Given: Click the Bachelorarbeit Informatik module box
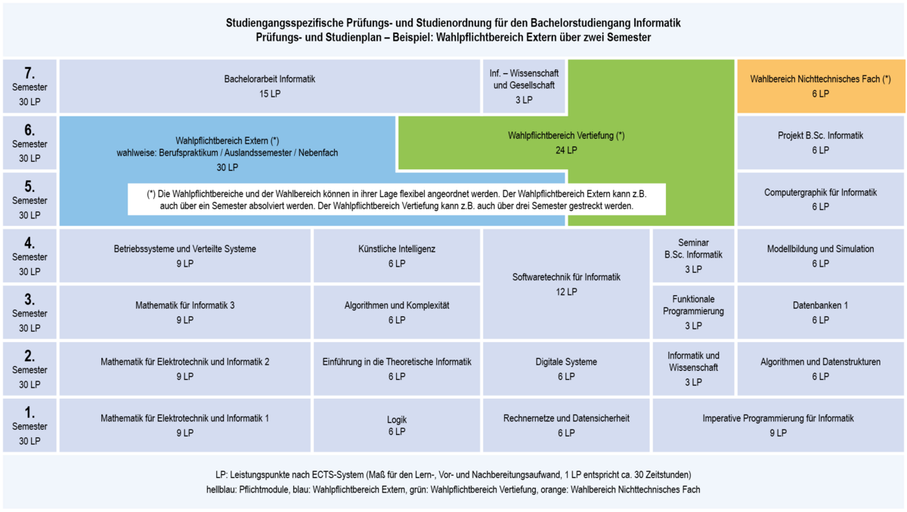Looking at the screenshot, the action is tap(270, 86).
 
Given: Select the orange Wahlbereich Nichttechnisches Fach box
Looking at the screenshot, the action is tap(821, 86).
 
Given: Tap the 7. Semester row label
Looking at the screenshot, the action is tap(29, 86).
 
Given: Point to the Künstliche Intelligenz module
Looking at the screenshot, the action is tap(397, 255).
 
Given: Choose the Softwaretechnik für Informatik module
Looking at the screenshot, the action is tap(566, 284).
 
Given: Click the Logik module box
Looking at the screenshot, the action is tap(397, 425).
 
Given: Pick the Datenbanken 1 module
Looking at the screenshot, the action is tap(821, 312).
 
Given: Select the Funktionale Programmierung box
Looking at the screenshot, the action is tap(693, 312).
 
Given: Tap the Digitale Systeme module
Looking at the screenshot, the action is tap(566, 369).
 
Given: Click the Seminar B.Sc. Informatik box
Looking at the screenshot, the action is tap(693, 255).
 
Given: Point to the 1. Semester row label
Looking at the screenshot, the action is tap(29, 425).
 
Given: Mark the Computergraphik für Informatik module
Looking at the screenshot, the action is tap(821, 199).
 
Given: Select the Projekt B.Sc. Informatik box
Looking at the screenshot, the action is tap(821, 143).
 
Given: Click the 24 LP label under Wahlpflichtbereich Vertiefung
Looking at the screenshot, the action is tap(566, 150).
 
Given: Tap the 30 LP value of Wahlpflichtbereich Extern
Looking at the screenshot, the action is tap(228, 167).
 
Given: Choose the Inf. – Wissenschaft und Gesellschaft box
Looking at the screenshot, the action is tap(524, 86).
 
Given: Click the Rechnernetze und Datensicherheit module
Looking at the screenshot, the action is tap(566, 425).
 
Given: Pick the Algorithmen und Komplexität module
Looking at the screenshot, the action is tap(397, 312).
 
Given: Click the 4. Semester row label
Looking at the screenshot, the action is tap(29, 255).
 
